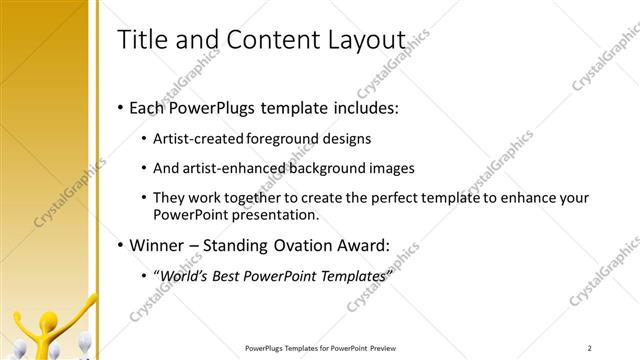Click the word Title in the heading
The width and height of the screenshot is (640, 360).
coord(143,40)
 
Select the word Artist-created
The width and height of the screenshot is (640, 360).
coord(201,138)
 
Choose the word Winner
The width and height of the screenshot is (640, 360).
coord(158,245)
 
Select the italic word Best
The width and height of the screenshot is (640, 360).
coord(220,275)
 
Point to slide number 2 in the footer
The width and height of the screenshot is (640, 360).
coord(591,348)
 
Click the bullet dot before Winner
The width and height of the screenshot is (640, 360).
coord(121,245)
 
